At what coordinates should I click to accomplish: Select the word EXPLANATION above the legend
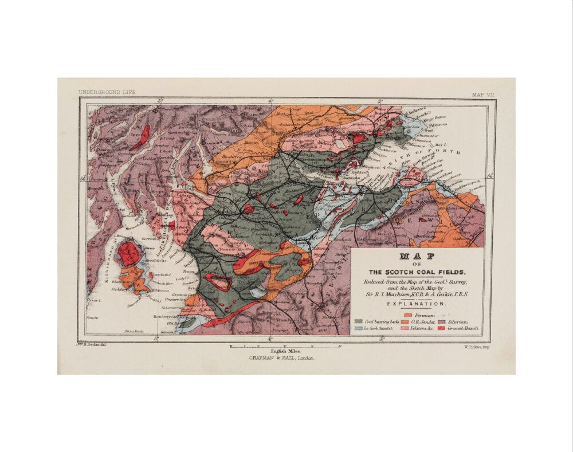pyautogui.click(x=417, y=304)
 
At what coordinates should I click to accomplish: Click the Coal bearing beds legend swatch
pyautogui.click(x=359, y=322)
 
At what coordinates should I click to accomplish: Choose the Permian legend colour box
pyautogui.click(x=407, y=315)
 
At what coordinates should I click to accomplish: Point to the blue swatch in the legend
pyautogui.click(x=359, y=329)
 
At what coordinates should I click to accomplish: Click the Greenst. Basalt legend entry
pyautogui.click(x=461, y=329)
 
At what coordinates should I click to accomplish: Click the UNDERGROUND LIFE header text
pyautogui.click(x=107, y=92)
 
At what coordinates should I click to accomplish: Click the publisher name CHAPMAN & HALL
pyautogui.click(x=281, y=357)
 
